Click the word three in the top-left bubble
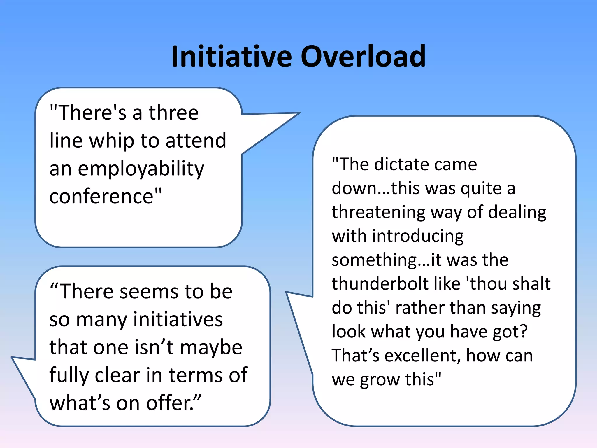tap(174, 113)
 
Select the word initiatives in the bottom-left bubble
tap(178, 319)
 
